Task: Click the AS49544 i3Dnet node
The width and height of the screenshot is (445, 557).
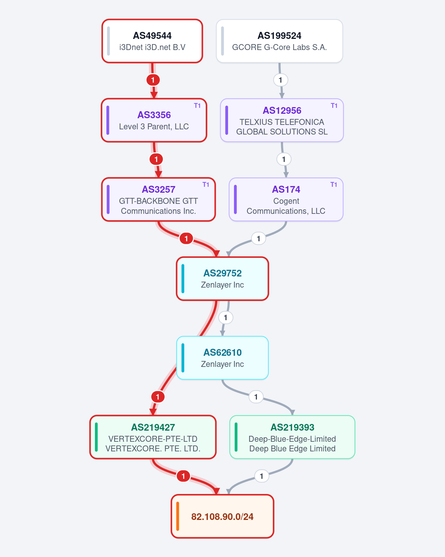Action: pyautogui.click(x=152, y=41)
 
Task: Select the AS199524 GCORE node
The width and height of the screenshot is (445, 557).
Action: pyautogui.click(x=280, y=41)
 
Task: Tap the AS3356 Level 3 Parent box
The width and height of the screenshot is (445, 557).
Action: pyautogui.click(x=154, y=120)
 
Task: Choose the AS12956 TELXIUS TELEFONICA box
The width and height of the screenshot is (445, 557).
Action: pyautogui.click(x=282, y=120)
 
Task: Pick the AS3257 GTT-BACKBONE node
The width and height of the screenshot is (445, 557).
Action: pyautogui.click(x=158, y=199)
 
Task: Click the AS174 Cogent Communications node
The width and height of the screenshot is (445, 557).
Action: pyautogui.click(x=286, y=199)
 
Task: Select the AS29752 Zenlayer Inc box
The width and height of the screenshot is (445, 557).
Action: pyautogui.click(x=222, y=279)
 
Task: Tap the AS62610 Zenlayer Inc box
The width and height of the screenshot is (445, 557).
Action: pyautogui.click(x=222, y=358)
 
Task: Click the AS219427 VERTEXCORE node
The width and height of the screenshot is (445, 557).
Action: pyautogui.click(x=153, y=437)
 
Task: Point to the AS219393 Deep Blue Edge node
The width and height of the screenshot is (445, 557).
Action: pyautogui.click(x=292, y=437)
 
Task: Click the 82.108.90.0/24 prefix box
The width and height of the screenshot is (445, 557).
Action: pyautogui.click(x=222, y=516)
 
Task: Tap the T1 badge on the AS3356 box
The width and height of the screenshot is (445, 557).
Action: pyautogui.click(x=197, y=106)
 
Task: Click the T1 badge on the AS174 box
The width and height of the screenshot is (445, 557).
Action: pyautogui.click(x=334, y=185)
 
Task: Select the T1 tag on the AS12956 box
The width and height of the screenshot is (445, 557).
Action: pyautogui.click(x=334, y=106)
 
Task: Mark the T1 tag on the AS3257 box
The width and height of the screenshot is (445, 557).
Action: pyautogui.click(x=206, y=185)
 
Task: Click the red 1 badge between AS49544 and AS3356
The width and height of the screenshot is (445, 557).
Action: pyautogui.click(x=153, y=80)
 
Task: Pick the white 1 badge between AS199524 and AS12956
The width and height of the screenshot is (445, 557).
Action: pyautogui.click(x=280, y=80)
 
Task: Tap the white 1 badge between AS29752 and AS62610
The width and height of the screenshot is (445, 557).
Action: pyautogui.click(x=225, y=318)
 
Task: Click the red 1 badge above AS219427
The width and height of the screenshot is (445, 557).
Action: pyautogui.click(x=158, y=397)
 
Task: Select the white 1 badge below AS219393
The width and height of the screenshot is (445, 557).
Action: pyautogui.click(x=261, y=476)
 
